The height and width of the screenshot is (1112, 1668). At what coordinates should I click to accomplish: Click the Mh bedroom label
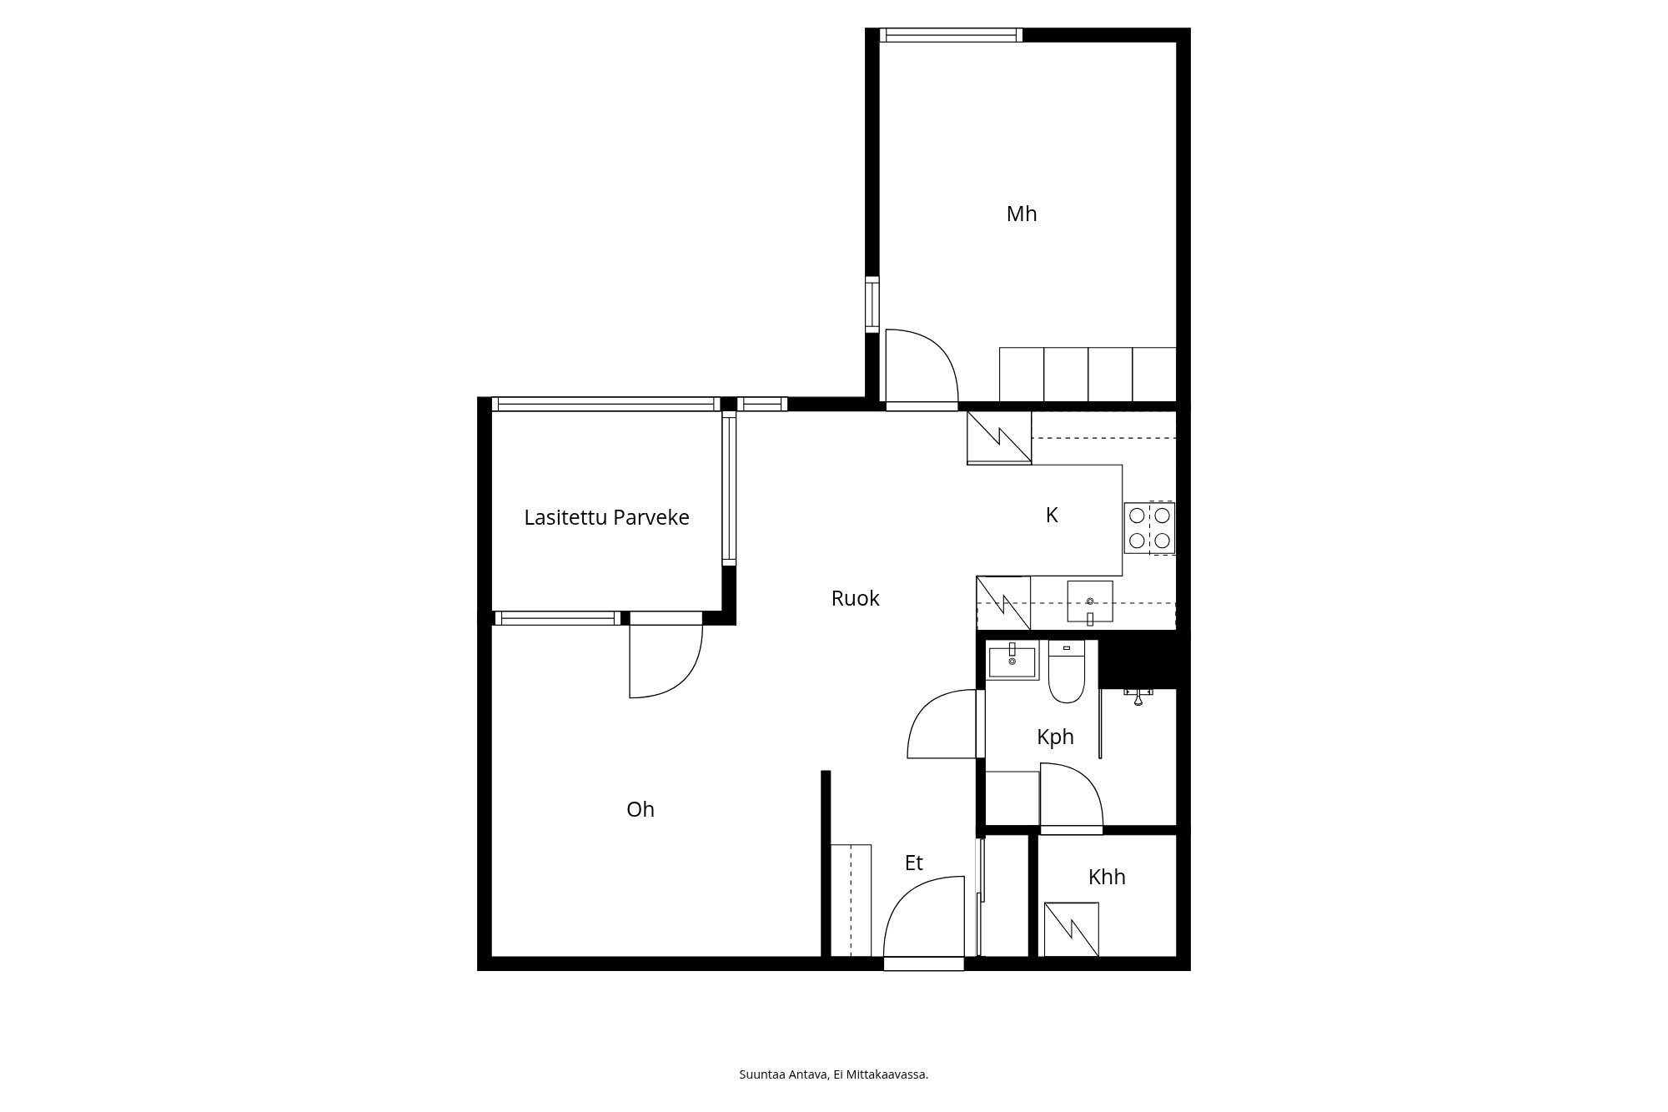click(x=1022, y=214)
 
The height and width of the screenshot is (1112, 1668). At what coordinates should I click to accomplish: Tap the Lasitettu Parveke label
click(x=606, y=517)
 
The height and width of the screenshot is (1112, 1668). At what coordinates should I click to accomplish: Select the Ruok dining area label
click(x=855, y=598)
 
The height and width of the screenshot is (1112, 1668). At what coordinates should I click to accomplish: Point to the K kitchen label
click(x=1052, y=516)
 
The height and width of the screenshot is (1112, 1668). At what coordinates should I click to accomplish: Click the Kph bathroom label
click(x=1055, y=737)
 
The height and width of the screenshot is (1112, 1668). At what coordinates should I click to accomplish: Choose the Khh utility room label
click(x=1107, y=877)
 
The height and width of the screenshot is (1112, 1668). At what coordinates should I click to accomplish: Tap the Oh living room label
click(x=641, y=809)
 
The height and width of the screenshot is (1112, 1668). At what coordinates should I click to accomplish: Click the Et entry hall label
click(x=914, y=863)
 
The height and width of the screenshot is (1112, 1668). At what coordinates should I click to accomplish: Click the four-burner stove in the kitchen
click(x=1149, y=528)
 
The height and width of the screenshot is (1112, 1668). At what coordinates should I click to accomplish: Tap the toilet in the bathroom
click(x=1066, y=672)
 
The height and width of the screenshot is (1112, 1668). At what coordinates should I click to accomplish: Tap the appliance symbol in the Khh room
click(x=1071, y=929)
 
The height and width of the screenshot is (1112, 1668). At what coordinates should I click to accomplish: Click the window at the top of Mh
click(x=952, y=35)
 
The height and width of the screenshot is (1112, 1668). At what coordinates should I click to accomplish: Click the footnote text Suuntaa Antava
click(x=784, y=1074)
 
